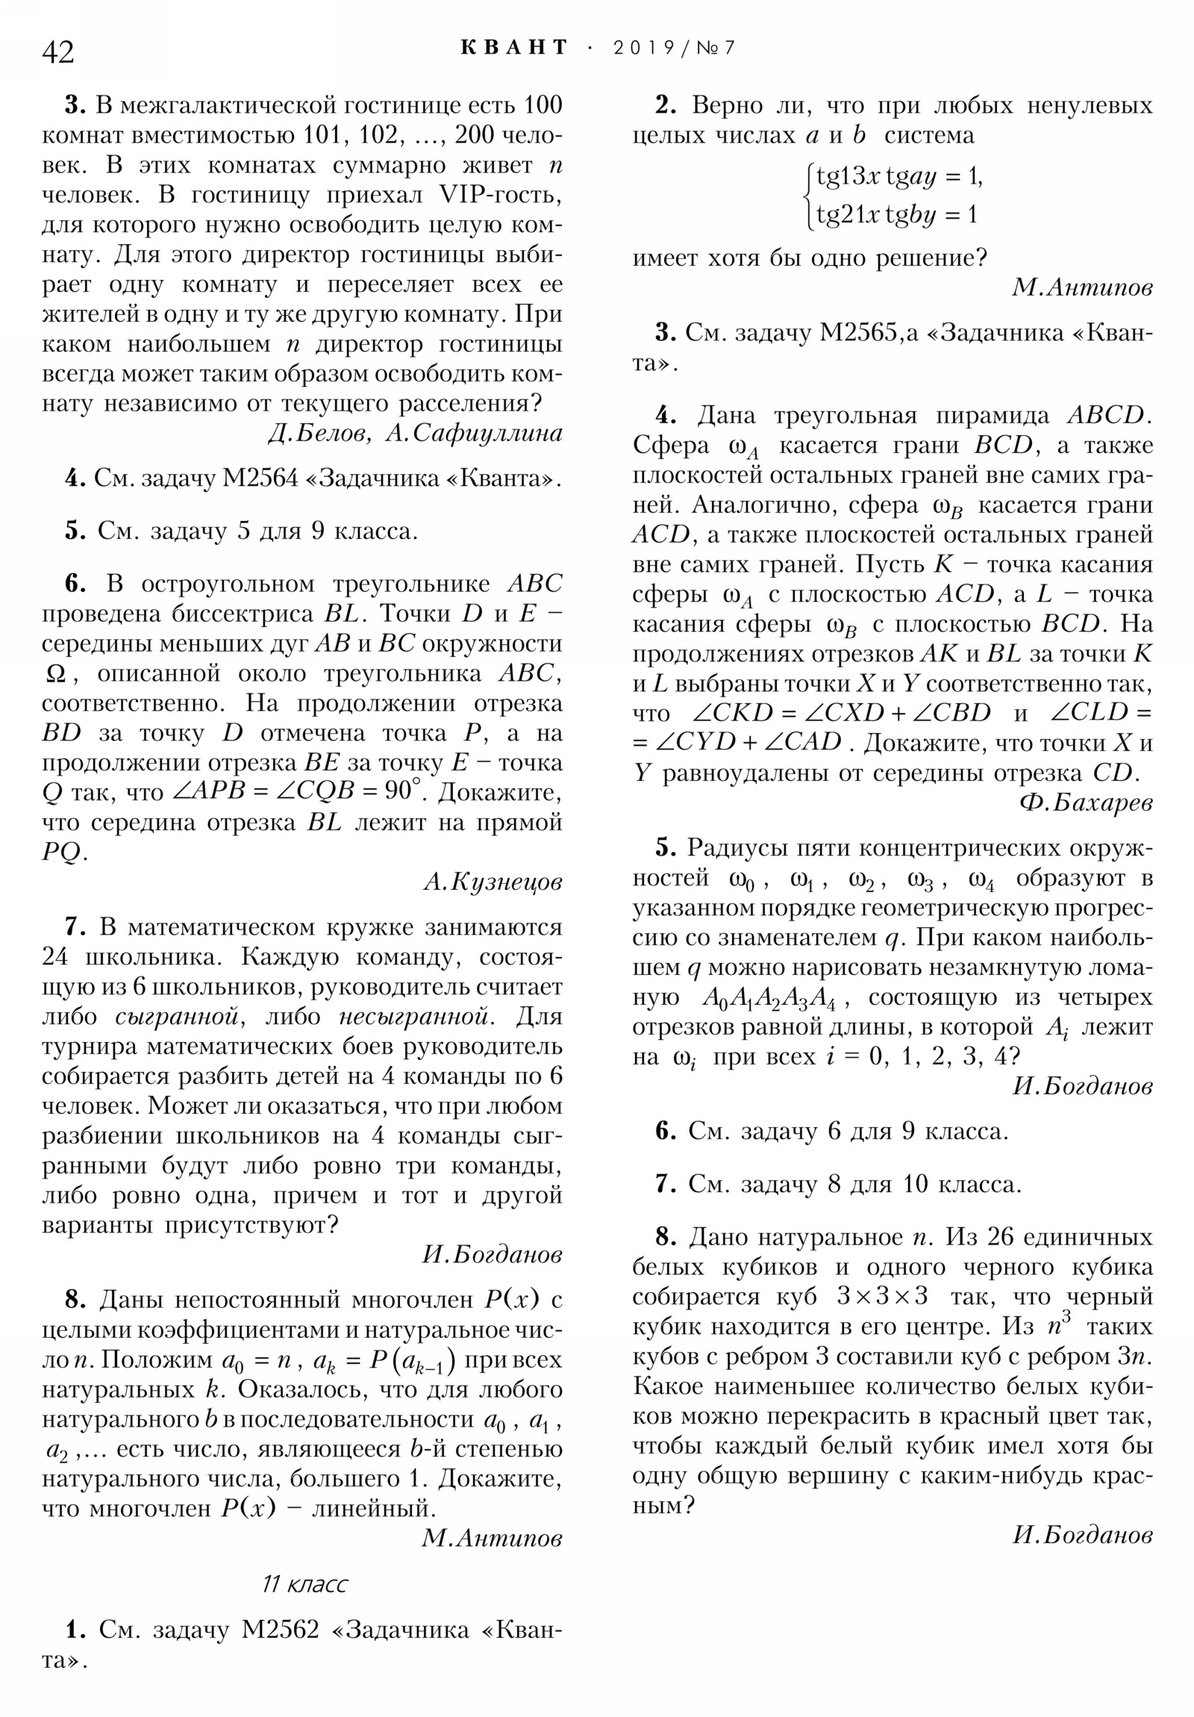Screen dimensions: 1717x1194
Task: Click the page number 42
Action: click(58, 52)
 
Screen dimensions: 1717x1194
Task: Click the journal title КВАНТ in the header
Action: click(514, 48)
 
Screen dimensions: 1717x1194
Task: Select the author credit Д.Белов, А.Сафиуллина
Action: click(415, 433)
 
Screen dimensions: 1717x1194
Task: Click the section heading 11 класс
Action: click(304, 1584)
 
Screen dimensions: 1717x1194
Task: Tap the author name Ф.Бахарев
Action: click(1086, 803)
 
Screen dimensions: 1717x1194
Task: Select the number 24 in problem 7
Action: click(56, 957)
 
